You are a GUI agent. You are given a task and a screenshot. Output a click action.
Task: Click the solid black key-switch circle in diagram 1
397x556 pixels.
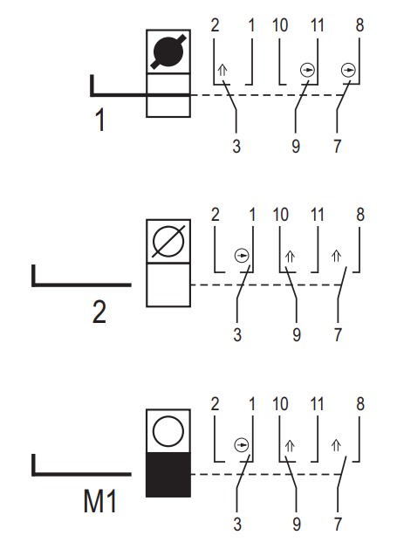pos(168,51)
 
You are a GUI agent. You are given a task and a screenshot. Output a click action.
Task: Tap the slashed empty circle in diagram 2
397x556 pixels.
pos(168,241)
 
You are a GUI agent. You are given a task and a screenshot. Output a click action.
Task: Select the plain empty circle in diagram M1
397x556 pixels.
pos(168,431)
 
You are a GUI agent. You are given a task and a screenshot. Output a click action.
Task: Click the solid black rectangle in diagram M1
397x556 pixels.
pos(168,475)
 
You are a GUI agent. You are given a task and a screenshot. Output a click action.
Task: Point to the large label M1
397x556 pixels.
pos(99,501)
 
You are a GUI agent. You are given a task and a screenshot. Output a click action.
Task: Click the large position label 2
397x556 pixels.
pos(99,312)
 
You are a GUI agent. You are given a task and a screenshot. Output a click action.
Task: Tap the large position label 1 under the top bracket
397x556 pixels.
pos(100,120)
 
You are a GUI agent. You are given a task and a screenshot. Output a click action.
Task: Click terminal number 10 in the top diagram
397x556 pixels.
pos(280,25)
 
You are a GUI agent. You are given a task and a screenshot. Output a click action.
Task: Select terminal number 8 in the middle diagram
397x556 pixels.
pos(359,215)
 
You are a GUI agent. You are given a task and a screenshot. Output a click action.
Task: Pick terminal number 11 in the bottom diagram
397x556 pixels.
pos(318,404)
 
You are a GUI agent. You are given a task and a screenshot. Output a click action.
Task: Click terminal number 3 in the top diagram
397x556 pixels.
pos(236,146)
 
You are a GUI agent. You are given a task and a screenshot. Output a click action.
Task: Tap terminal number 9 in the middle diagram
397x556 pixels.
pos(297,335)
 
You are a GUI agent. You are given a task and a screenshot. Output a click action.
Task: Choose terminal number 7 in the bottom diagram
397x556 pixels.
pos(338,525)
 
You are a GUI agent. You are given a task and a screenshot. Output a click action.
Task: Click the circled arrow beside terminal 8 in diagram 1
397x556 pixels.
pos(348,70)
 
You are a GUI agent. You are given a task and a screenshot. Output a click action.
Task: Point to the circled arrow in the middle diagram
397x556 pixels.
pos(242,255)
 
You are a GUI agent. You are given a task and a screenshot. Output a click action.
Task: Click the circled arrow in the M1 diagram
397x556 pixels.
pos(242,444)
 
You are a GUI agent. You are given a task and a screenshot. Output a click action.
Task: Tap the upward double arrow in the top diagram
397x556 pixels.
pos(222,70)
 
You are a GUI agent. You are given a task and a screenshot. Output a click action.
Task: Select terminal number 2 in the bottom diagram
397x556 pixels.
pos(215,404)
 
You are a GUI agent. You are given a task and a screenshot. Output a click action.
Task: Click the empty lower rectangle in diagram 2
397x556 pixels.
pos(168,285)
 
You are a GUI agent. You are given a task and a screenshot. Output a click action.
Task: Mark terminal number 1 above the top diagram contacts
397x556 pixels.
pos(251,25)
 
